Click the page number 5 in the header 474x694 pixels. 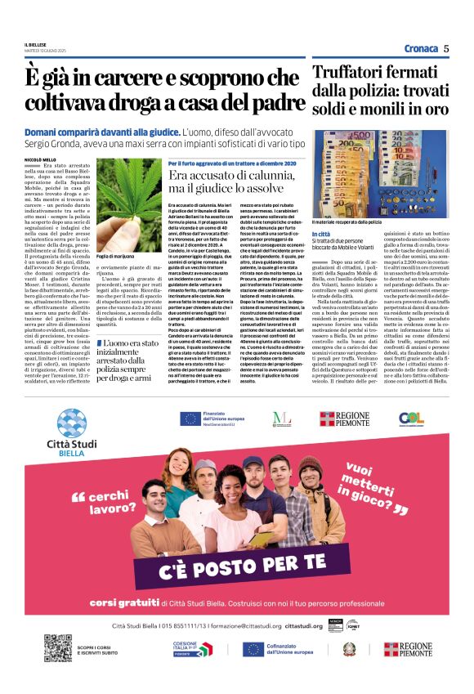point(446,48)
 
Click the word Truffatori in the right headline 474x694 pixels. point(352,71)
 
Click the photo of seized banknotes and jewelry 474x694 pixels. point(381,171)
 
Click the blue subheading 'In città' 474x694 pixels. point(322,235)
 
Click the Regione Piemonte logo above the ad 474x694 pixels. point(345,419)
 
